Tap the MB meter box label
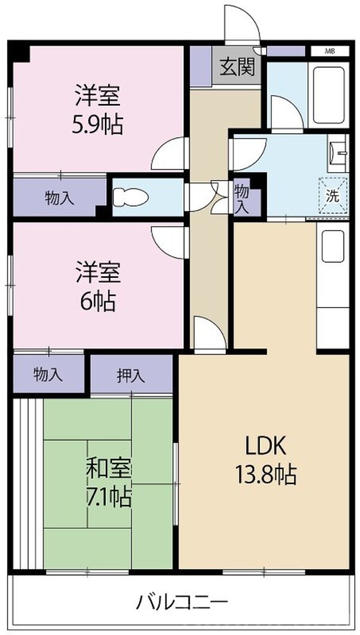point(329,51)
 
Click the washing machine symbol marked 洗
point(332,194)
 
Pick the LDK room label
point(263,447)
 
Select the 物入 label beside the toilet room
point(59,198)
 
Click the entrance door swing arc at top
point(240,24)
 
